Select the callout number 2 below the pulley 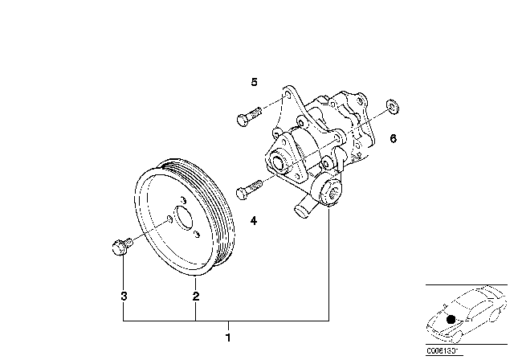[x=195, y=297]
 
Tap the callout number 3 [x=123, y=297]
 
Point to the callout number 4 [x=253, y=219]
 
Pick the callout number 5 [x=253, y=82]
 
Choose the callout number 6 [x=393, y=138]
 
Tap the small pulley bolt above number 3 [x=117, y=247]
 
